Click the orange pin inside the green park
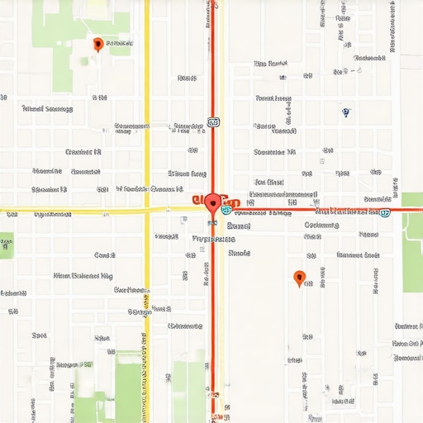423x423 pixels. click(x=98, y=44)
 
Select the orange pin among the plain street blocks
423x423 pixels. click(x=299, y=278)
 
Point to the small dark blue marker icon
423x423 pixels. click(x=345, y=112)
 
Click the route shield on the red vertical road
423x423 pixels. click(x=214, y=122)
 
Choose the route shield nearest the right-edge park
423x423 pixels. click(x=385, y=212)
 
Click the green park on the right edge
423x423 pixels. click(x=412, y=248)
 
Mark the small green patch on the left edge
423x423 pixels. click(x=6, y=245)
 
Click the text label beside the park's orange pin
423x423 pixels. click(x=120, y=44)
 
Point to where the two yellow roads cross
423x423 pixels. click(x=147, y=210)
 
